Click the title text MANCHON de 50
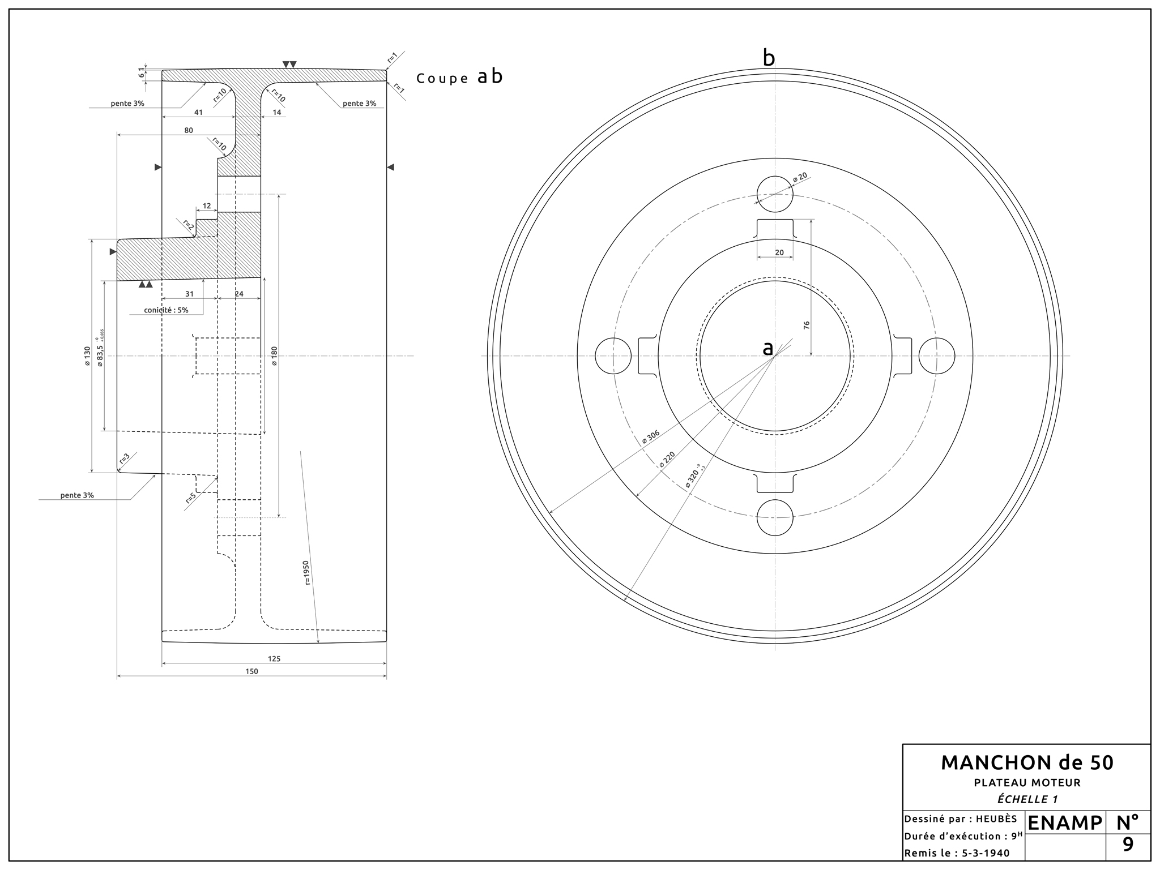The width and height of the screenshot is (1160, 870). click(1027, 763)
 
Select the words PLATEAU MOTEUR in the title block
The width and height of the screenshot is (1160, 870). click(1027, 783)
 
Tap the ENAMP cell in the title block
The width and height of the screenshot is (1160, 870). click(1065, 823)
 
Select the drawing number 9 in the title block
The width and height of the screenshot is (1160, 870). click(1128, 845)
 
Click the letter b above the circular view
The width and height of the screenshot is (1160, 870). click(769, 58)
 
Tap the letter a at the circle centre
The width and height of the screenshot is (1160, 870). click(767, 348)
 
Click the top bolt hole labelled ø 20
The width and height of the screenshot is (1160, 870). click(775, 194)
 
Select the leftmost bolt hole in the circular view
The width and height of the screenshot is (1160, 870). click(613, 356)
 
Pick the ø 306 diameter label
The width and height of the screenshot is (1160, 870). click(650, 436)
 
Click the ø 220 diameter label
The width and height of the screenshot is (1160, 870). click(667, 460)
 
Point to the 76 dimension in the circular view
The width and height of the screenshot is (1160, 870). click(807, 325)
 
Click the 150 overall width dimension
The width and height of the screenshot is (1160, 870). click(251, 671)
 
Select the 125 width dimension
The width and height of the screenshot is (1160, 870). click(274, 659)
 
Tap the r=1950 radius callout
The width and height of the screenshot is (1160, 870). click(306, 573)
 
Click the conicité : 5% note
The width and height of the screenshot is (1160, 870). click(166, 310)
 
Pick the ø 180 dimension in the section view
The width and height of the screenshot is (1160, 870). click(274, 355)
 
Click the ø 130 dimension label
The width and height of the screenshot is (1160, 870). click(87, 355)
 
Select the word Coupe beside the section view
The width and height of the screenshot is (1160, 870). click(442, 79)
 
